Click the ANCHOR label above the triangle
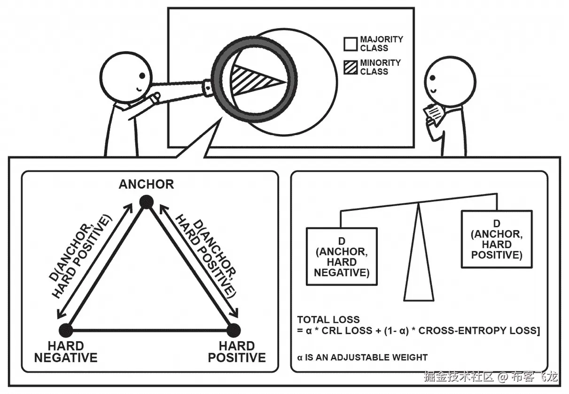pyautogui.click(x=146, y=184)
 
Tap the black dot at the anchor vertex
pyautogui.click(x=147, y=202)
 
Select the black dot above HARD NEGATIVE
pyautogui.click(x=66, y=330)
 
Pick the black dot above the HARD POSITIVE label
pyautogui.click(x=234, y=330)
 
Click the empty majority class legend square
pyautogui.click(x=351, y=44)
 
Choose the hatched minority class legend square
pyautogui.click(x=351, y=67)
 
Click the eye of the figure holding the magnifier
pyautogui.click(x=142, y=76)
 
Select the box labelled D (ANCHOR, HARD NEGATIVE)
pyautogui.click(x=342, y=256)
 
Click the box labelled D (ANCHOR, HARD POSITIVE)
pyautogui.click(x=497, y=239)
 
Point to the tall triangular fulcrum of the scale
pyautogui.click(x=419, y=255)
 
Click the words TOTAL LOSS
pyautogui.click(x=328, y=320)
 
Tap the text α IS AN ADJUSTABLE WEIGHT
pyautogui.click(x=362, y=357)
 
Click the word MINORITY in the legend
pyautogui.click(x=380, y=63)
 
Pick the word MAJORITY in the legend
pyautogui.click(x=382, y=40)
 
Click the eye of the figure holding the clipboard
pyautogui.click(x=433, y=78)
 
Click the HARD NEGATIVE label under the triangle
pyautogui.click(x=66, y=352)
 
